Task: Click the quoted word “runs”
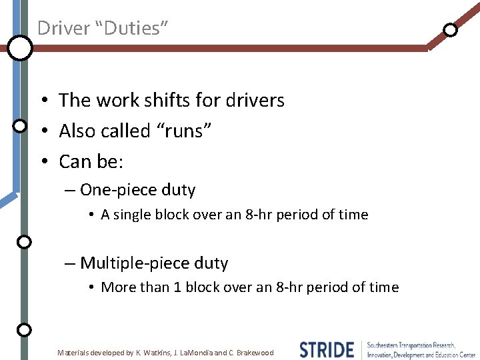(x=183, y=131)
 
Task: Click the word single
(x=131, y=215)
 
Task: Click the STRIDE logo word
(x=327, y=349)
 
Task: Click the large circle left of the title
(x=20, y=47)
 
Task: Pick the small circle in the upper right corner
(x=451, y=30)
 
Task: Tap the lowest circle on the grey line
(x=24, y=329)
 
